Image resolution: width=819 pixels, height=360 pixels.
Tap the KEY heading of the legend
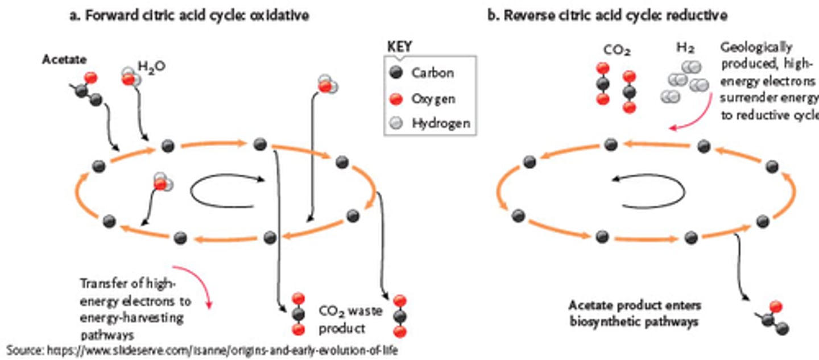coord(400,47)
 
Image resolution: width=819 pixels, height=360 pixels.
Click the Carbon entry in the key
coord(432,73)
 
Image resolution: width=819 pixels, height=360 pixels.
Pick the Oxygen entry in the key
coord(433,98)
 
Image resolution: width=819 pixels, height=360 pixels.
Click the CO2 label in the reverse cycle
coord(617,52)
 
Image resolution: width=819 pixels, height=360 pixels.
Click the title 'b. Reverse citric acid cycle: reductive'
coord(607,15)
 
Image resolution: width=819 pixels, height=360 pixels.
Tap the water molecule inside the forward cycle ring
coord(161,183)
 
